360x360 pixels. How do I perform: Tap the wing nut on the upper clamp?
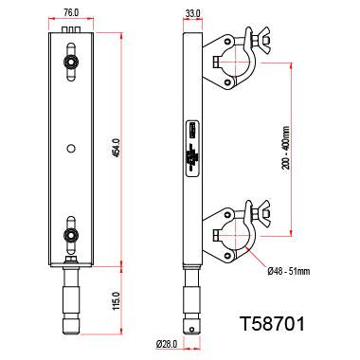(255, 42)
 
